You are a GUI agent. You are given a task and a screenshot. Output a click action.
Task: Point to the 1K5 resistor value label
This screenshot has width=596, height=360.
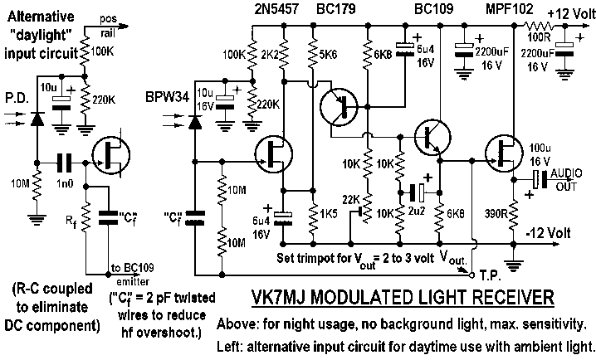pos(328,213)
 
